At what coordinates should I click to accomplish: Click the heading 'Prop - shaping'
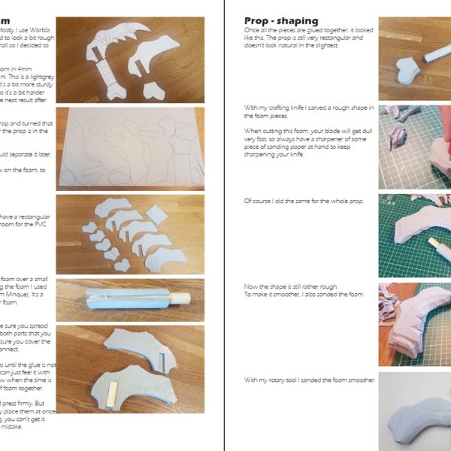point(281,21)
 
